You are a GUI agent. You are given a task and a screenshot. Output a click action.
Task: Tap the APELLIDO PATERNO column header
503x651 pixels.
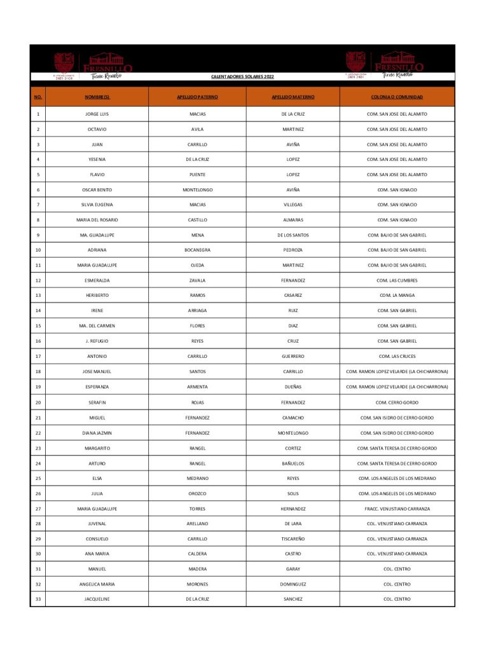[197, 97]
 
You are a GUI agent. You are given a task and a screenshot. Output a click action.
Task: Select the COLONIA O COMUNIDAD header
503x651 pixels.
[397, 97]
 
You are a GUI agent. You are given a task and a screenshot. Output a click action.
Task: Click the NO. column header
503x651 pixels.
[38, 97]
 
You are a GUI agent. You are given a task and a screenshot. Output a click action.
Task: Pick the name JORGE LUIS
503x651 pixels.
[97, 114]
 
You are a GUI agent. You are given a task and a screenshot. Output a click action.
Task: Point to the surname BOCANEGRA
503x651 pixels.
[197, 250]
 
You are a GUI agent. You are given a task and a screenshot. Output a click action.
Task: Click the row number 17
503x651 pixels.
[38, 356]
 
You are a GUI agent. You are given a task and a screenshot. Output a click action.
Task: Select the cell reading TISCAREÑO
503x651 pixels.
[293, 538]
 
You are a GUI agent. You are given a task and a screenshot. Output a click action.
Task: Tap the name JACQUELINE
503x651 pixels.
[97, 599]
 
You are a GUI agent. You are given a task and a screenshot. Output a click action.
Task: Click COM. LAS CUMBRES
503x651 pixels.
[397, 280]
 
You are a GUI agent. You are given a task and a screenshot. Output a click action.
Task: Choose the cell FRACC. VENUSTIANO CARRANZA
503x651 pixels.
[397, 509]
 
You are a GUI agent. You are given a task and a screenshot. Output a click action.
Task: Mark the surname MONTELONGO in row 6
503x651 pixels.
[197, 189]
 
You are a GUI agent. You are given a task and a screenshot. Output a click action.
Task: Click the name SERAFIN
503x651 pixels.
[97, 402]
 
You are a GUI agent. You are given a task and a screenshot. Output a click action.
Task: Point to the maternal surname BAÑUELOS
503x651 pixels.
[293, 463]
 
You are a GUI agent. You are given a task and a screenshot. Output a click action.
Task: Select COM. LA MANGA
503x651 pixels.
[397, 296]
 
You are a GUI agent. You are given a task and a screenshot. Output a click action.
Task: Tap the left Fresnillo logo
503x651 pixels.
[93, 66]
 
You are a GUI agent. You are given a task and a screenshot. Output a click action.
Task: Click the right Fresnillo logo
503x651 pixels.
[385, 65]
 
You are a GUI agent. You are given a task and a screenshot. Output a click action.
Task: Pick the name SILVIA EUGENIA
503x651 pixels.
[97, 205]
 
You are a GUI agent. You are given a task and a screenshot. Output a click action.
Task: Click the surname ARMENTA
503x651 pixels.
[197, 387]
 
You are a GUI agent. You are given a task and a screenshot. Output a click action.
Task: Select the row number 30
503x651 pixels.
[38, 554]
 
